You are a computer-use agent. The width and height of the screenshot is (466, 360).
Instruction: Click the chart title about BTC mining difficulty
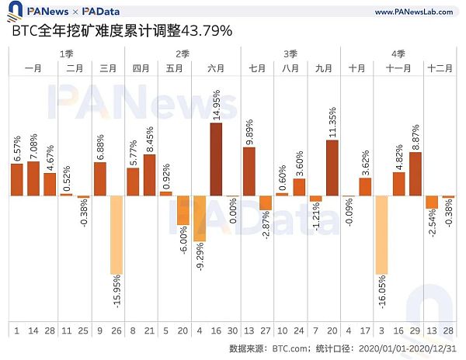click(121, 32)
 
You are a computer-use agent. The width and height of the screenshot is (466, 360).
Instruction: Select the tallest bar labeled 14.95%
click(216, 159)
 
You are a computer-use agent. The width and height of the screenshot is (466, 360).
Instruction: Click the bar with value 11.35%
click(332, 168)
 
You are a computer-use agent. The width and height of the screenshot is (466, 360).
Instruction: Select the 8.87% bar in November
click(416, 174)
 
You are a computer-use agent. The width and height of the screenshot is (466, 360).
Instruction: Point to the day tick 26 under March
click(116, 331)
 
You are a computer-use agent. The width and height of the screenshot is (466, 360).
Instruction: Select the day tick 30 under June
click(233, 331)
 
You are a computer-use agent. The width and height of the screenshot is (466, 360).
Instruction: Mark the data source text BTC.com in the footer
click(293, 348)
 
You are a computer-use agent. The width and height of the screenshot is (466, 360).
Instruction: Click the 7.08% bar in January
click(33, 178)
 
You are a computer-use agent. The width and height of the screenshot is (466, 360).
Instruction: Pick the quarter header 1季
click(67, 54)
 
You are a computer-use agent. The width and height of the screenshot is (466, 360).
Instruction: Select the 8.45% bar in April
click(149, 175)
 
